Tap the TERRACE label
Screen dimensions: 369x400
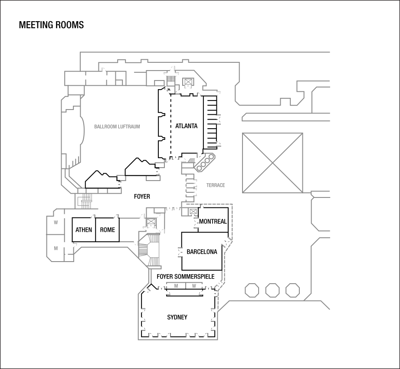pyautogui.click(x=216, y=185)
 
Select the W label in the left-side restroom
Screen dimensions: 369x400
pyautogui.click(x=56, y=223)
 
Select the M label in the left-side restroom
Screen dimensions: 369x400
pyautogui.click(x=56, y=249)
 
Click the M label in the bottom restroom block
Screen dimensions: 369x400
pyautogui.click(x=176, y=286)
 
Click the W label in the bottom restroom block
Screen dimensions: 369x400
pyautogui.click(x=194, y=286)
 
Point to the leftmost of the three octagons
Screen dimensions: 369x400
pyautogui.click(x=252, y=290)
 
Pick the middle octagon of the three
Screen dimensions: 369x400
pyautogui.click(x=272, y=290)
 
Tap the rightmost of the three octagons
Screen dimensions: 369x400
pyautogui.click(x=292, y=290)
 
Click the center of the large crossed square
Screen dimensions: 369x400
pyautogui.click(x=272, y=163)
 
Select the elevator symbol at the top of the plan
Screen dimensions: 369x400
pyautogui.click(x=188, y=82)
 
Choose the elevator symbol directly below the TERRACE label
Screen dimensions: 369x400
pyautogui.click(x=193, y=212)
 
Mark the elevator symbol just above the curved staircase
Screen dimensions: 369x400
pyautogui.click(x=151, y=222)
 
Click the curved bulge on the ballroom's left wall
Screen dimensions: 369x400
pyautogui.click(x=82, y=129)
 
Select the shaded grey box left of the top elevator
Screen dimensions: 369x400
pyautogui.click(x=171, y=79)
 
